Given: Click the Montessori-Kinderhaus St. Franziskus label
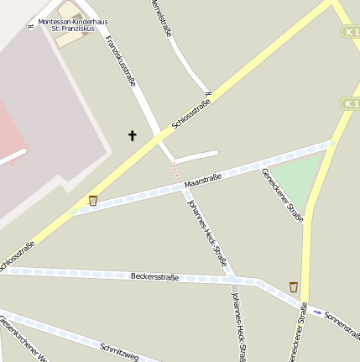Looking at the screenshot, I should pos(78,24).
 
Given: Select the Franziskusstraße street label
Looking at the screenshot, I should pos(122,60).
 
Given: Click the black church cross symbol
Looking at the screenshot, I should pos(132,135).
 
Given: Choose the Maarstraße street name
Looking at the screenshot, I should pos(202,180).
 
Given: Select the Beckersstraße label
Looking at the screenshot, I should pos(154,276).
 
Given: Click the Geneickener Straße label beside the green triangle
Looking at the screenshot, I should pos(283,195).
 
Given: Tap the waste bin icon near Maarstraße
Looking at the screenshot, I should pos(92,200).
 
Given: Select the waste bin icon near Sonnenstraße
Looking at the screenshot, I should pos(293,286).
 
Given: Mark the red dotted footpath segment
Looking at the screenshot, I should pos(176,173).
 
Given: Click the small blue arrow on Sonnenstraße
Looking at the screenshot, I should pos(317,312).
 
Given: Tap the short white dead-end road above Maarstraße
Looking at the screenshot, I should pos(196,156).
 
